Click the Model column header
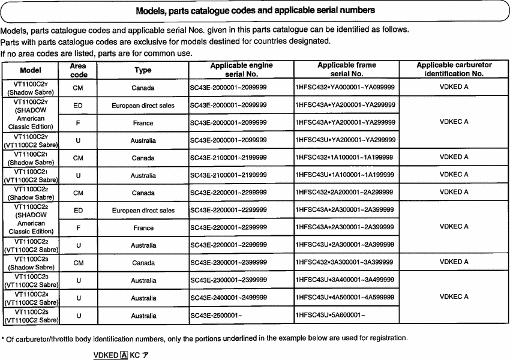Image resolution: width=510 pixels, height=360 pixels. [x=31, y=70]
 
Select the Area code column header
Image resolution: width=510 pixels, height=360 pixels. [x=79, y=70]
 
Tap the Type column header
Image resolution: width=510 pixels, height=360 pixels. [x=143, y=70]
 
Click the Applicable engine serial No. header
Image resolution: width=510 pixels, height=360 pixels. [x=241, y=70]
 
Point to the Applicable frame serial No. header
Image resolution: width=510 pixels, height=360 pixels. [x=347, y=70]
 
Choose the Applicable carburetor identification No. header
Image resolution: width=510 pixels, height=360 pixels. [x=454, y=70]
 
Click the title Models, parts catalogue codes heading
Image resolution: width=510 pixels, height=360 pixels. [x=256, y=10]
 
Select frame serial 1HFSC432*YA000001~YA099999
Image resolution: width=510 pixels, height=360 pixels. [x=346, y=88]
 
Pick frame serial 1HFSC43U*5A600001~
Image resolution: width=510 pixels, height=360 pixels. [x=330, y=315]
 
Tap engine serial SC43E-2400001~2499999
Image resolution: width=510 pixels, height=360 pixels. [x=229, y=298]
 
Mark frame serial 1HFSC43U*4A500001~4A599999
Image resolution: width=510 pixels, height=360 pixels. [x=346, y=298]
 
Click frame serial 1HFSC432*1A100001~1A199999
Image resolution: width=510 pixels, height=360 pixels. [x=346, y=158]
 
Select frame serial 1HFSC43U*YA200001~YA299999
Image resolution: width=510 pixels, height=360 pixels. [x=346, y=140]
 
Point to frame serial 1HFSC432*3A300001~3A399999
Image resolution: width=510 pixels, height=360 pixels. [x=346, y=262]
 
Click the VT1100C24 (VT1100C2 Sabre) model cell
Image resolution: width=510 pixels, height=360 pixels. [x=31, y=298]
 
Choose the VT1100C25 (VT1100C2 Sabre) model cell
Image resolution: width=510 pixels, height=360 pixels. [x=31, y=315]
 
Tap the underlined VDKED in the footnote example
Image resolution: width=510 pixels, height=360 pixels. [x=106, y=355]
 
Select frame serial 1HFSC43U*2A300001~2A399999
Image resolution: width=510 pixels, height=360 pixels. [x=346, y=245]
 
